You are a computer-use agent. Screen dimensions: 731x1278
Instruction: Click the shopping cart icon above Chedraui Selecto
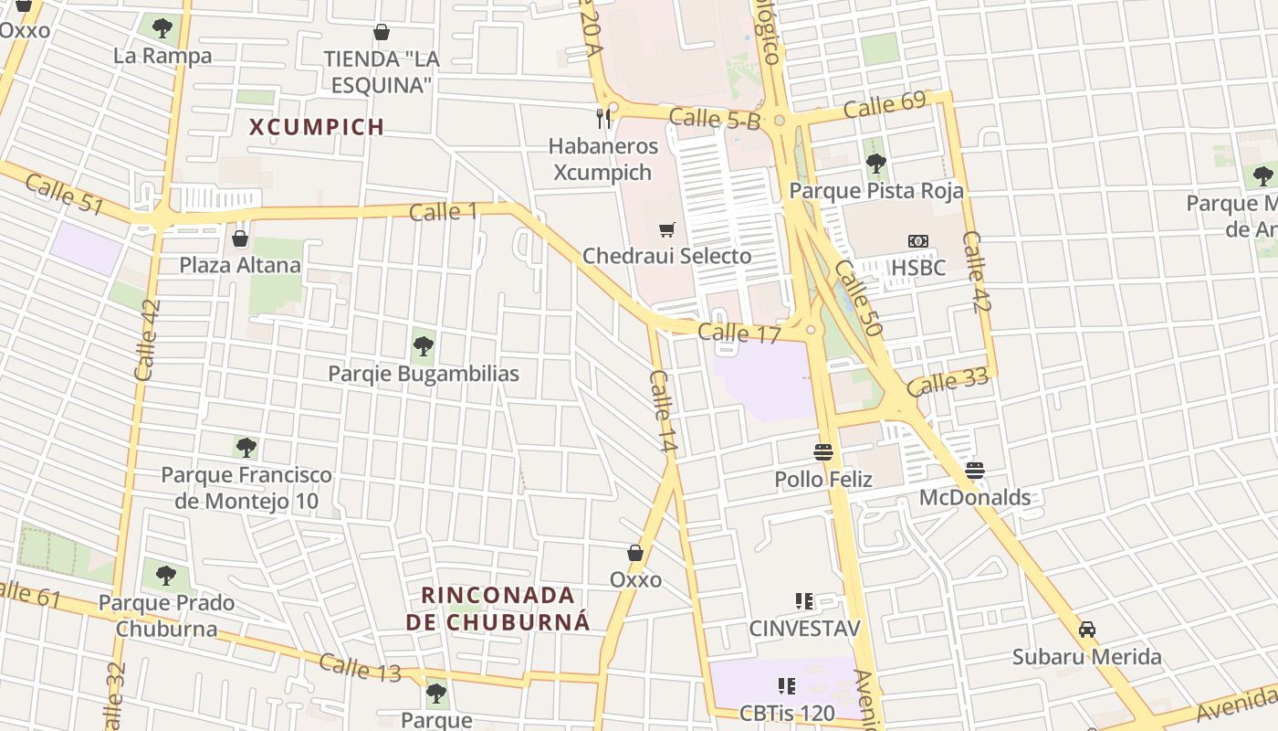pyautogui.click(x=667, y=228)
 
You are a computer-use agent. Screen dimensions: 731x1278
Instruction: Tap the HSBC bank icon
pyautogui.click(x=917, y=241)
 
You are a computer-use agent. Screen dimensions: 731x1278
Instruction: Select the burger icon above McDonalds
pyautogui.click(x=975, y=471)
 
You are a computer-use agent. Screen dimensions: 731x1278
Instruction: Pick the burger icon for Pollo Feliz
pyautogui.click(x=823, y=452)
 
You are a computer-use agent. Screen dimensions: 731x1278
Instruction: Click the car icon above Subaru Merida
pyautogui.click(x=1086, y=630)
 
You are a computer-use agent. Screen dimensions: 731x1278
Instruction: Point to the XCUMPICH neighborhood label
pyautogui.click(x=317, y=127)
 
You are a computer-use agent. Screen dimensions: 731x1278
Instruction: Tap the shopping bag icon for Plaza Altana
pyautogui.click(x=240, y=238)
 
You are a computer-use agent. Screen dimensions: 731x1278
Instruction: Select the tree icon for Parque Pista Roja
pyautogui.click(x=875, y=164)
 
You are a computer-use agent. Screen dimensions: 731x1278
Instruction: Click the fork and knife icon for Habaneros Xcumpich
pyautogui.click(x=602, y=119)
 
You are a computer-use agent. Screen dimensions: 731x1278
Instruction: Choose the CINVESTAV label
pyautogui.click(x=804, y=629)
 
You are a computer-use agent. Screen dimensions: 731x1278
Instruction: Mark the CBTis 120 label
pyautogui.click(x=787, y=713)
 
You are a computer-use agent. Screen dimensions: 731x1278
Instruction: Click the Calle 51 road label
pyautogui.click(x=64, y=194)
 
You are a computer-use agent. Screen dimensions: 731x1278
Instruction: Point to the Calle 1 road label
pyautogui.click(x=444, y=212)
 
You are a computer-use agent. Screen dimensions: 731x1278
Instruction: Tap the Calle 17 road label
pyautogui.click(x=739, y=334)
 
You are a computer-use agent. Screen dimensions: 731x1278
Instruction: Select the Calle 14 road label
pyautogui.click(x=663, y=411)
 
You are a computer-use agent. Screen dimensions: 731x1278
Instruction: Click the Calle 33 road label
pyautogui.click(x=948, y=381)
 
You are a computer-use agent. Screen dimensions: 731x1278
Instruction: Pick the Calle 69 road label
pyautogui.click(x=885, y=105)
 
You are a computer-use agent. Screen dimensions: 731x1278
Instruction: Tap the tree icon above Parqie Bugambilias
pyautogui.click(x=423, y=346)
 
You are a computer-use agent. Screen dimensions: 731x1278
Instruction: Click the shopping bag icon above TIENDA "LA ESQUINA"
pyautogui.click(x=382, y=33)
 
